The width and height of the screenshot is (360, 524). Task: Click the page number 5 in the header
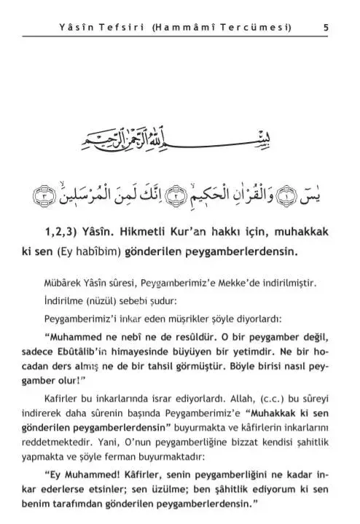point(325,28)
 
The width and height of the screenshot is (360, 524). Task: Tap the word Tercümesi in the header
point(259,28)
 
